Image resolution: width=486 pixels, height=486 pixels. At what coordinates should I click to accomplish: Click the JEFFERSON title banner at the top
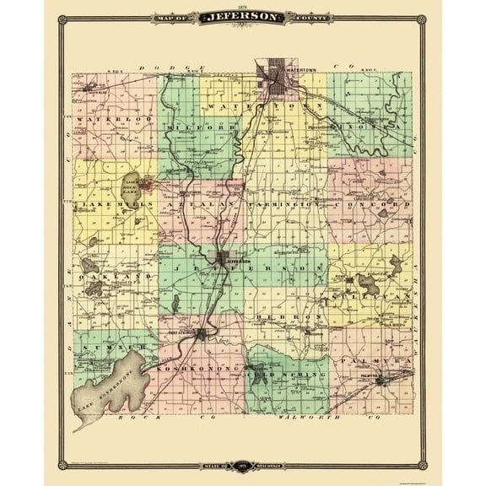coord(243,17)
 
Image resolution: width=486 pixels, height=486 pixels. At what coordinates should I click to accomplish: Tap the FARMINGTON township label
coord(284,204)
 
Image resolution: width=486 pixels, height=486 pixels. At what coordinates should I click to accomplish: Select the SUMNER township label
coord(105,346)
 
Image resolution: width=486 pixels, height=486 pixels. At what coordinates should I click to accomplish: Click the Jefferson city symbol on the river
coord(223,260)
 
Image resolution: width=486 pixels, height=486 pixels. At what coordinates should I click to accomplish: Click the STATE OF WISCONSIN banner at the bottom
coord(243,465)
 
